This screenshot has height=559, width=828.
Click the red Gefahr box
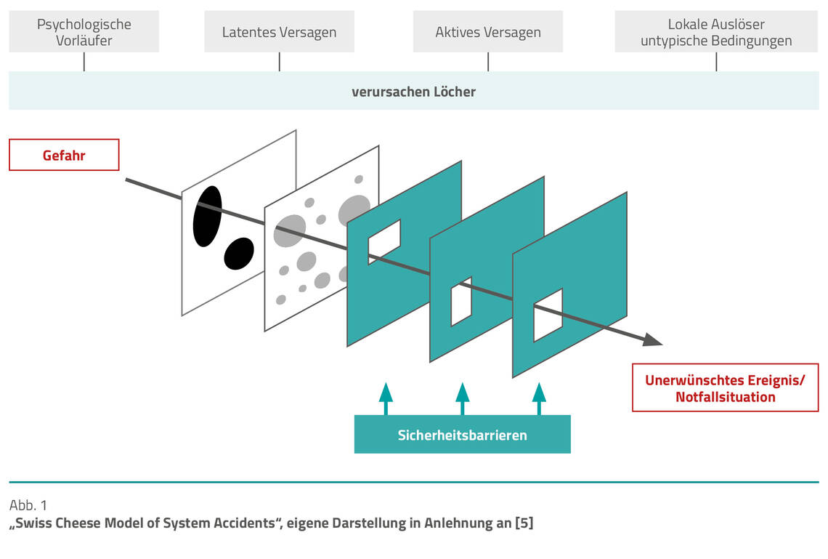point(64,155)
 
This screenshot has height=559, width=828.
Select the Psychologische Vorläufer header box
point(84,33)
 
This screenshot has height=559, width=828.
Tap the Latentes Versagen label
point(279,33)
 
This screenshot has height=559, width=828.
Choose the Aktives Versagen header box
point(488,33)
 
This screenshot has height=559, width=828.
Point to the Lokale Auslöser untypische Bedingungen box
point(716,33)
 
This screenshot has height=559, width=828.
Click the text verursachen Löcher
point(413,92)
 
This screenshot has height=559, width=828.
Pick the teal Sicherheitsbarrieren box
point(462,435)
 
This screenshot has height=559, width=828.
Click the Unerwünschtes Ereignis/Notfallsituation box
point(725,389)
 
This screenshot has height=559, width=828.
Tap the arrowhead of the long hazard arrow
point(654,339)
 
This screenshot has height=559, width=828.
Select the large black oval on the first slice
point(207,216)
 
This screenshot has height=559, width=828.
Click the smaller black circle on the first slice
point(239,253)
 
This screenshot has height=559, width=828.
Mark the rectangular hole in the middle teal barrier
point(461,301)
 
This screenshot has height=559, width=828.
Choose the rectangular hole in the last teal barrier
point(548,315)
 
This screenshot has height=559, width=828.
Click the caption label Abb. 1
point(28,505)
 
